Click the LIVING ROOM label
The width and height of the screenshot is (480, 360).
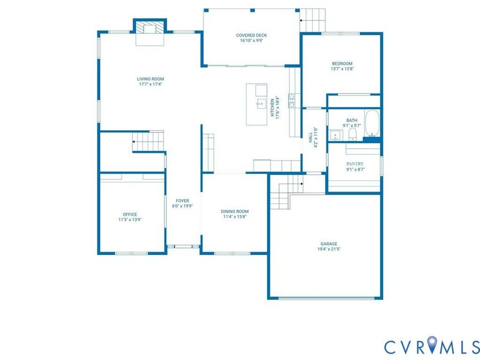[x=150, y=79]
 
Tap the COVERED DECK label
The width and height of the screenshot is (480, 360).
[x=251, y=35]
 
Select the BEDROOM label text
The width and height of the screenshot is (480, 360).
[x=342, y=63]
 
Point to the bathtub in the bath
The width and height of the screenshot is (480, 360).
[x=372, y=123]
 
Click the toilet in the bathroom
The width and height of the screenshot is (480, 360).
[x=353, y=134]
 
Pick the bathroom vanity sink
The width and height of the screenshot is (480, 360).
[x=336, y=135]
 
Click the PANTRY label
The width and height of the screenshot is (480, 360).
[x=355, y=164]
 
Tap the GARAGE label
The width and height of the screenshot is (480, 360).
[x=329, y=244]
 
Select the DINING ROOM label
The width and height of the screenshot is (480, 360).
[x=235, y=211]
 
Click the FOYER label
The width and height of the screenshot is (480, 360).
[x=182, y=201]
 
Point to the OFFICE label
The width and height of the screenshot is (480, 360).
[x=130, y=214]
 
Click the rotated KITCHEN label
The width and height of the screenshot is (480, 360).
[x=272, y=107]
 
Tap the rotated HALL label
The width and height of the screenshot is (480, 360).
[x=311, y=138]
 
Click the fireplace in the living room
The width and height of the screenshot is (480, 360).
[x=150, y=28]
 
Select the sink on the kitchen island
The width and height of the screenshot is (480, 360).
[x=261, y=104]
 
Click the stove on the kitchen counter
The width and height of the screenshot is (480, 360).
[x=292, y=101]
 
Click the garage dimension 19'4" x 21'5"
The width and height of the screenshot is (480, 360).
[x=329, y=249]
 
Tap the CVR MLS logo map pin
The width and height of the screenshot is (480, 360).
[x=432, y=344]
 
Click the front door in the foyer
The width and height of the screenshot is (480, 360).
[x=183, y=246]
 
